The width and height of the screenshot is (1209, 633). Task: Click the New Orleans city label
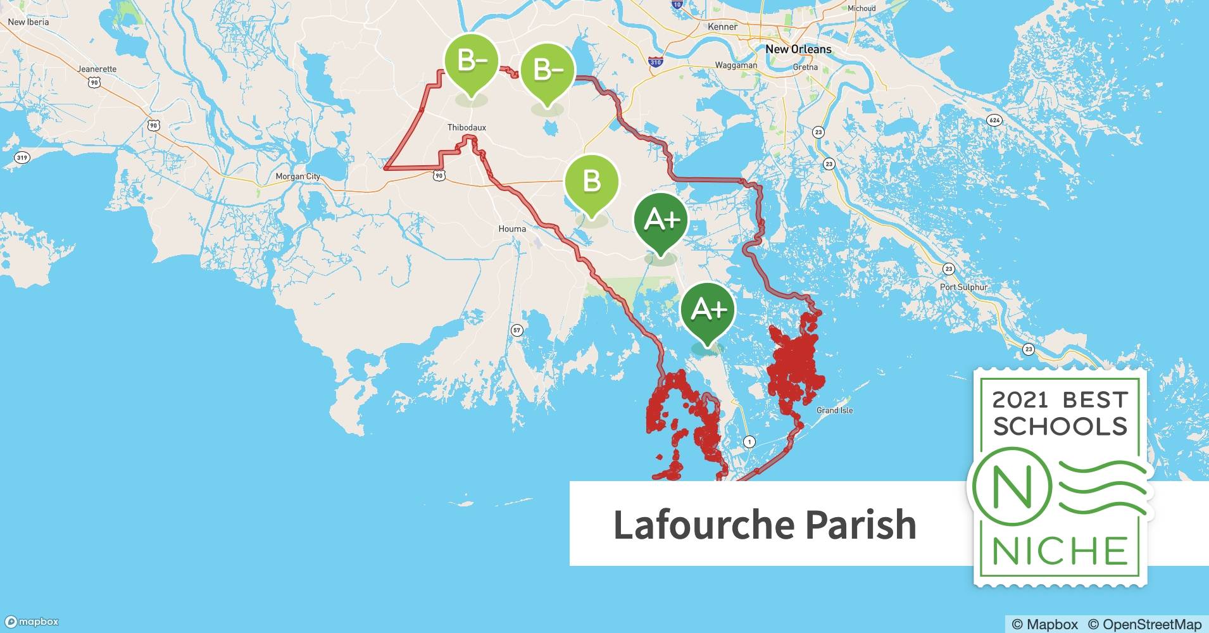pos(798,49)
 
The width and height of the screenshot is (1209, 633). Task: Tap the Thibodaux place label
pos(467,127)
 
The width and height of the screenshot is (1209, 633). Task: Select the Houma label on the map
pos(512,229)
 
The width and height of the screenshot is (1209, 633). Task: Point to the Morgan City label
pos(298,177)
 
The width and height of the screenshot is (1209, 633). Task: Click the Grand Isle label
pos(834,410)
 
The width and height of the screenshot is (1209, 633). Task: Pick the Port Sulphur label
pos(963,287)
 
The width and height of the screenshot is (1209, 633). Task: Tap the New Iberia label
pos(28,22)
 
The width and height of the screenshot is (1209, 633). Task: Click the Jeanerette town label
pos(97,69)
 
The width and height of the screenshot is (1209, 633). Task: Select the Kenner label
pos(722,27)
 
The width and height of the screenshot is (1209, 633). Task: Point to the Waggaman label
pos(736,65)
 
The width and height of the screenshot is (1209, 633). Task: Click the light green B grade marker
pos(591,182)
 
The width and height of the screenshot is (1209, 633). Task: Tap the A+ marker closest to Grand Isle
pos(708,310)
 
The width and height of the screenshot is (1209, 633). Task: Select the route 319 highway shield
pos(22,158)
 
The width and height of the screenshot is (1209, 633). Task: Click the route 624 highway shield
pos(994,120)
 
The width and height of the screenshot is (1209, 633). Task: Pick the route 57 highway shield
pos(517,330)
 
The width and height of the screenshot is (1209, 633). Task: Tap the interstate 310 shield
pos(655,61)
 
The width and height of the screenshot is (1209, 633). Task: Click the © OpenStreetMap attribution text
pos(1144,624)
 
